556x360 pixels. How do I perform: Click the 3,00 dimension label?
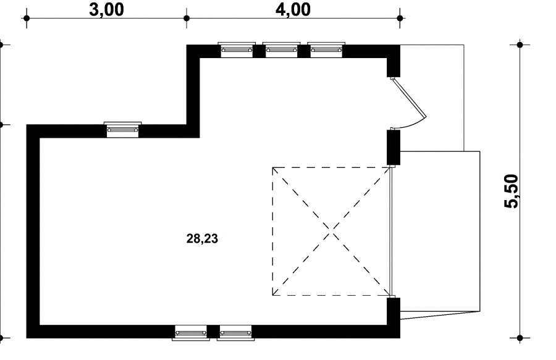pos(106,9)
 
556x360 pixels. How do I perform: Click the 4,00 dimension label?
pos(293,9)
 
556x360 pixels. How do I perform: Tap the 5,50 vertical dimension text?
pos(512,191)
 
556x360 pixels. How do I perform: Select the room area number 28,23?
pos(202,239)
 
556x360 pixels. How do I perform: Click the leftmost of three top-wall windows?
pos(237,49)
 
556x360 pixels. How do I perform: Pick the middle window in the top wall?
pos(281,49)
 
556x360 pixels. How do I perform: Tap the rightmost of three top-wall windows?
pos(326,49)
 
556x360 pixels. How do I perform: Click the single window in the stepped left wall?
pos(123,130)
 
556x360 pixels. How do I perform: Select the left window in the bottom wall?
pos(191,333)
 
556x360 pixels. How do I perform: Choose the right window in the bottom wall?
pos(236,333)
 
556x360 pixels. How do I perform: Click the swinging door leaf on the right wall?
pos(408,98)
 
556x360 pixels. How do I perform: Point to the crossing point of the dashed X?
pos(332,232)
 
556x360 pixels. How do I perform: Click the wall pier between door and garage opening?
pos(394,148)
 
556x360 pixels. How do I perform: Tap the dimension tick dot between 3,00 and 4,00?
pos(187,18)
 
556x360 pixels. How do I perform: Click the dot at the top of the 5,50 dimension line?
pos(520,44)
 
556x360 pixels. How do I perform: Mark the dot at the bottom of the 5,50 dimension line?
pos(520,338)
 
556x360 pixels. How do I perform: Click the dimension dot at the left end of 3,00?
pos(27,18)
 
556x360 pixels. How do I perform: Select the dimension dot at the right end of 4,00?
pos(400,18)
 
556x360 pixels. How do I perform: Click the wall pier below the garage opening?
pos(394,318)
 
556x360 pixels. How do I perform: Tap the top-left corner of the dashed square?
pos(272,167)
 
